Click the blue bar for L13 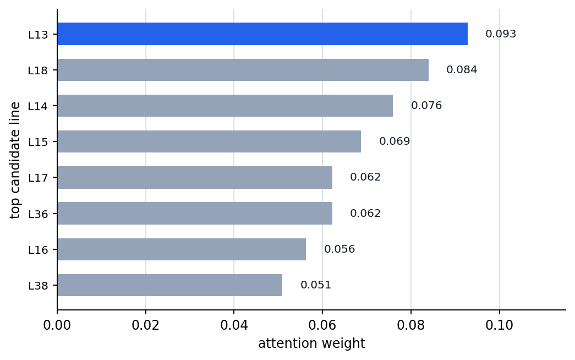pyautogui.click(x=262, y=34)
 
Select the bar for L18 pyautogui.click(x=243, y=70)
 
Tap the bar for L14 pyautogui.click(x=225, y=106)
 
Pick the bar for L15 pyautogui.click(x=209, y=141)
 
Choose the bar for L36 pyautogui.click(x=195, y=213)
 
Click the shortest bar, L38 pyautogui.click(x=170, y=285)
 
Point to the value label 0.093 pyautogui.click(x=501, y=34)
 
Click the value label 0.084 pyautogui.click(x=462, y=70)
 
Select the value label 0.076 pyautogui.click(x=426, y=106)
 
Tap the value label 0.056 pyautogui.click(x=339, y=249)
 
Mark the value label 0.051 pyautogui.click(x=316, y=285)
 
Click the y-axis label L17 pyautogui.click(x=38, y=178)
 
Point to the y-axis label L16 pyautogui.click(x=38, y=250)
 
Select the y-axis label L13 pyautogui.click(x=38, y=35)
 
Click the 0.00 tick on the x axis pyautogui.click(x=57, y=325)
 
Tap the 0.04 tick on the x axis pyautogui.click(x=234, y=325)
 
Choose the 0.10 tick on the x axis pyautogui.click(x=499, y=325)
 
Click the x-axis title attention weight pyautogui.click(x=311, y=343)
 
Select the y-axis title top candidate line pyautogui.click(x=15, y=160)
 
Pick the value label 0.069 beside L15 pyautogui.click(x=395, y=141)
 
